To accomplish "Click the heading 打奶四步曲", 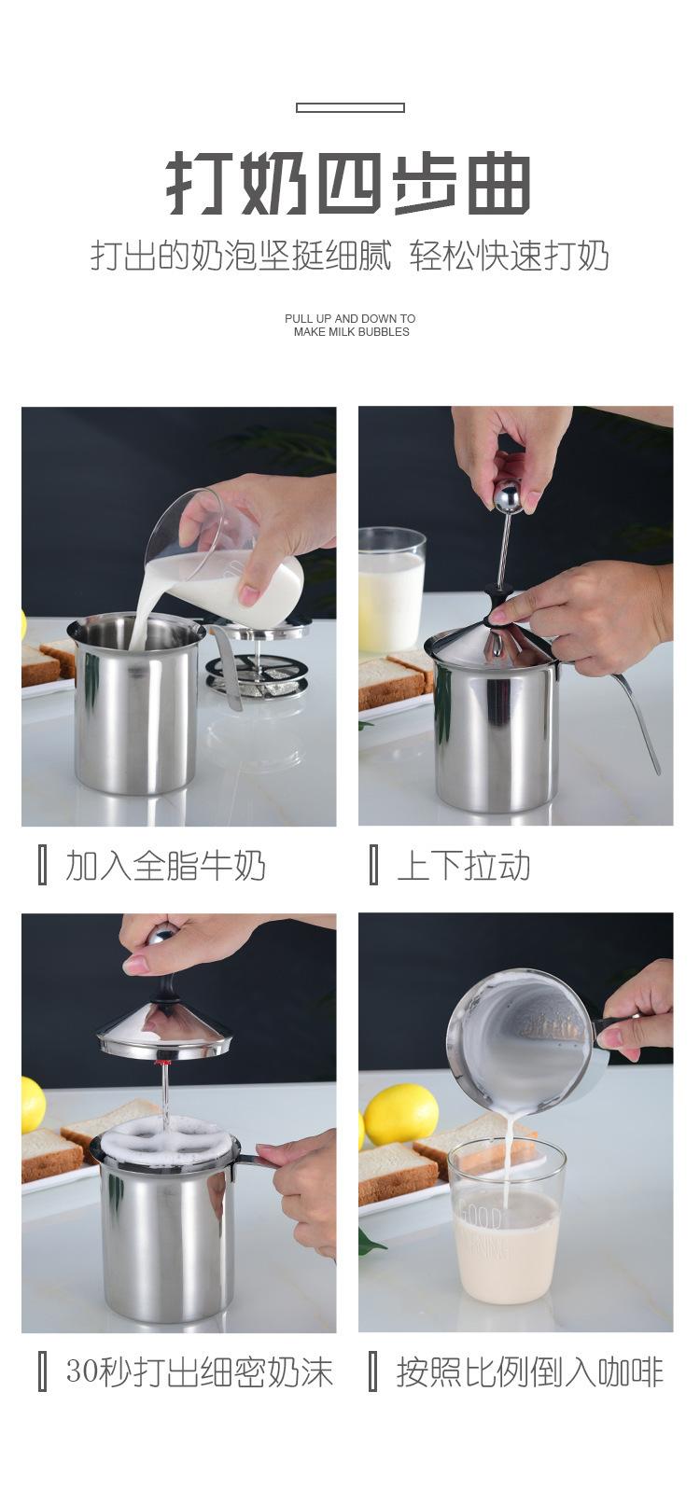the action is coord(350,184).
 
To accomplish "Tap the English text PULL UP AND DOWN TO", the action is coord(350,318).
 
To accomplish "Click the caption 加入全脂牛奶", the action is coord(165,866).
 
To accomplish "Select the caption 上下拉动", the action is coord(463,866).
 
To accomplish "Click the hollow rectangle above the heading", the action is coord(350,107).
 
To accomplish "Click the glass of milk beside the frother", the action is coord(391,590).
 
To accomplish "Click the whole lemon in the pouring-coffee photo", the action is coord(400,1113).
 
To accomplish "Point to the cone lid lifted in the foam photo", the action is coord(163,1034).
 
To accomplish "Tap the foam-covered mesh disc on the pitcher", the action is coord(163,1142).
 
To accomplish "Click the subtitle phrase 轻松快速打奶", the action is coord(510,257).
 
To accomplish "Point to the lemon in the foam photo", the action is coord(32,1106).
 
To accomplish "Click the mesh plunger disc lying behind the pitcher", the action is coord(257,676).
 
